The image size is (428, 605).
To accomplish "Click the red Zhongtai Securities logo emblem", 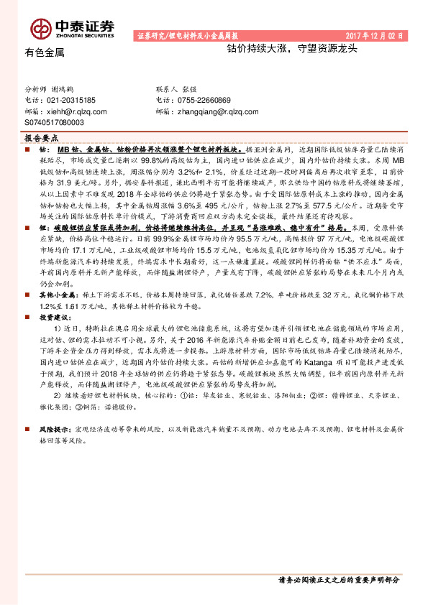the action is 40,27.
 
